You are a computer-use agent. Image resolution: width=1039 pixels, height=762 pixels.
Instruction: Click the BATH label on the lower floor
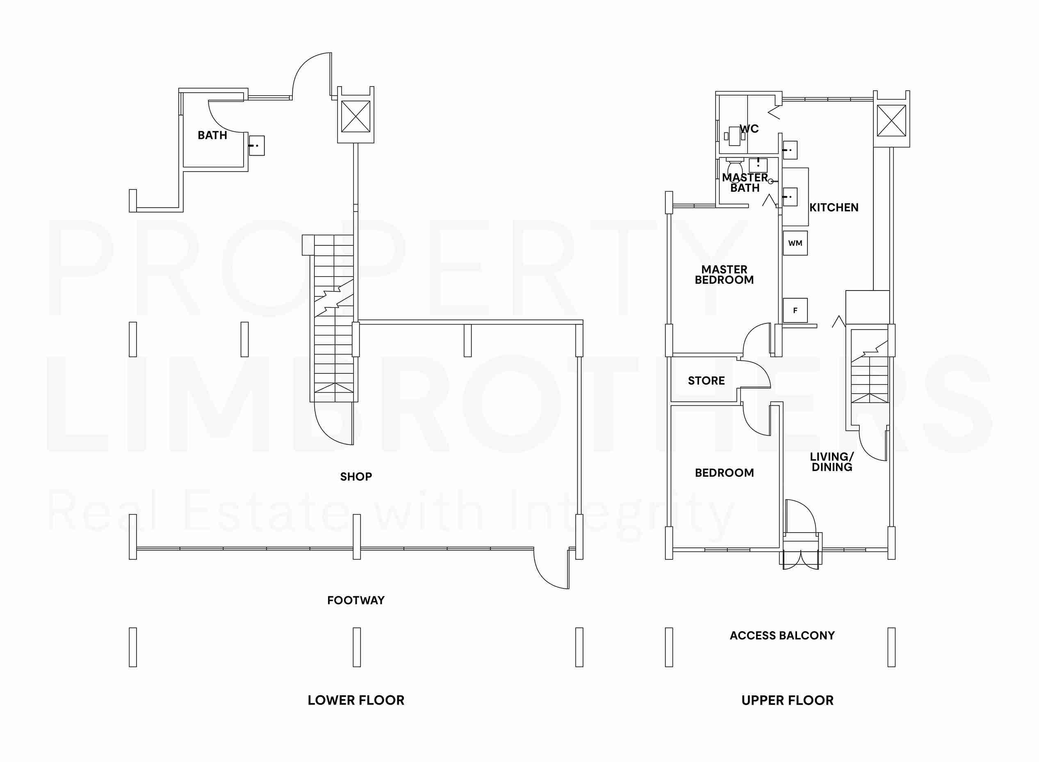tap(212, 135)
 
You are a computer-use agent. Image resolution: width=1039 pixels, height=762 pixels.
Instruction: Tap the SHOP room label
tap(356, 476)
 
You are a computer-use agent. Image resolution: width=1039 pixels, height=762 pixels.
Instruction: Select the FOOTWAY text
tap(355, 600)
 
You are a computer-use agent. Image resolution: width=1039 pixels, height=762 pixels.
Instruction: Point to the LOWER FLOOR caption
tap(356, 700)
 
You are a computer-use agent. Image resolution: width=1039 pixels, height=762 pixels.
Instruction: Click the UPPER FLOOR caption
tap(787, 700)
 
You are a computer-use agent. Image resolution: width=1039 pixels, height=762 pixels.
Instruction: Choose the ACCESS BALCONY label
tap(782, 635)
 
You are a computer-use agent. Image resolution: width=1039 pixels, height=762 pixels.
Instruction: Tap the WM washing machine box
tap(795, 243)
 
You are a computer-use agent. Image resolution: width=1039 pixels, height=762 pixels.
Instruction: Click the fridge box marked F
tap(795, 311)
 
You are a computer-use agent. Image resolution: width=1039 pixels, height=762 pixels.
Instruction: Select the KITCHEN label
tap(834, 208)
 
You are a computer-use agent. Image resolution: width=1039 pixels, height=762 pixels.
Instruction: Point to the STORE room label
tap(706, 380)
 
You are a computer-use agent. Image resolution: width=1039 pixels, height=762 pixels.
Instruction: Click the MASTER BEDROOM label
tap(724, 275)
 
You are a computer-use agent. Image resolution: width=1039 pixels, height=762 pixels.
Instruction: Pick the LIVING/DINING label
tap(832, 462)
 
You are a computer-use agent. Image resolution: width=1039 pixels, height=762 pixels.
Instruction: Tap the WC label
tap(750, 129)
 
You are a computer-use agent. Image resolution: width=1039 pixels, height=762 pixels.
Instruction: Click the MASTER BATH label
tap(745, 183)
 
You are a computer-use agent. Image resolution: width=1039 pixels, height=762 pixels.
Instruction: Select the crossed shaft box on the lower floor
tap(355, 117)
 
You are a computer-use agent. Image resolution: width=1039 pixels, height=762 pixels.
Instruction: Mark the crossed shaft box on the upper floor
tap(891, 121)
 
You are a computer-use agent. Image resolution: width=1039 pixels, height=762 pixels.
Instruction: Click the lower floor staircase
tap(334, 318)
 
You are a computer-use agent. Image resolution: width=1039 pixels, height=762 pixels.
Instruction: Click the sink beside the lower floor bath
tap(257, 145)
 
